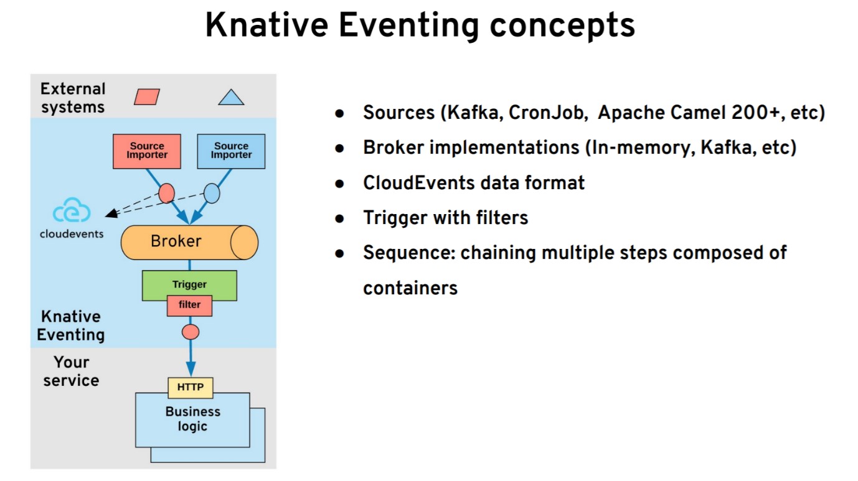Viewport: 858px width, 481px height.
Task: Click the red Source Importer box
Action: (147, 151)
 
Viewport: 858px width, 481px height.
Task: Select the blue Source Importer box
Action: (231, 151)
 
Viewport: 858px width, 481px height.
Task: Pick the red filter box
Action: (189, 305)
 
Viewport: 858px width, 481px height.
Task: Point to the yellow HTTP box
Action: (191, 387)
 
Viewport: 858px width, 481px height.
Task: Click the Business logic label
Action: (192, 419)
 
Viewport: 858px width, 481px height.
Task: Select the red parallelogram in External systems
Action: (147, 97)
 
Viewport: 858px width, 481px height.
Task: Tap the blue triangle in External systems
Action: (231, 97)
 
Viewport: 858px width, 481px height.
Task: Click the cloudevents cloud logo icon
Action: (72, 212)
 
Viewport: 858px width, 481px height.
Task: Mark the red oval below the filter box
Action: (191, 332)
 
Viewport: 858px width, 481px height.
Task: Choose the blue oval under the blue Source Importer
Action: (212, 194)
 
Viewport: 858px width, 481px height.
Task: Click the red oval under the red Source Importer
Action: (166, 193)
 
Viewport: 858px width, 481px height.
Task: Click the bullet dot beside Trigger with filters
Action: (339, 218)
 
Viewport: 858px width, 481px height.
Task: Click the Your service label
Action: (71, 371)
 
